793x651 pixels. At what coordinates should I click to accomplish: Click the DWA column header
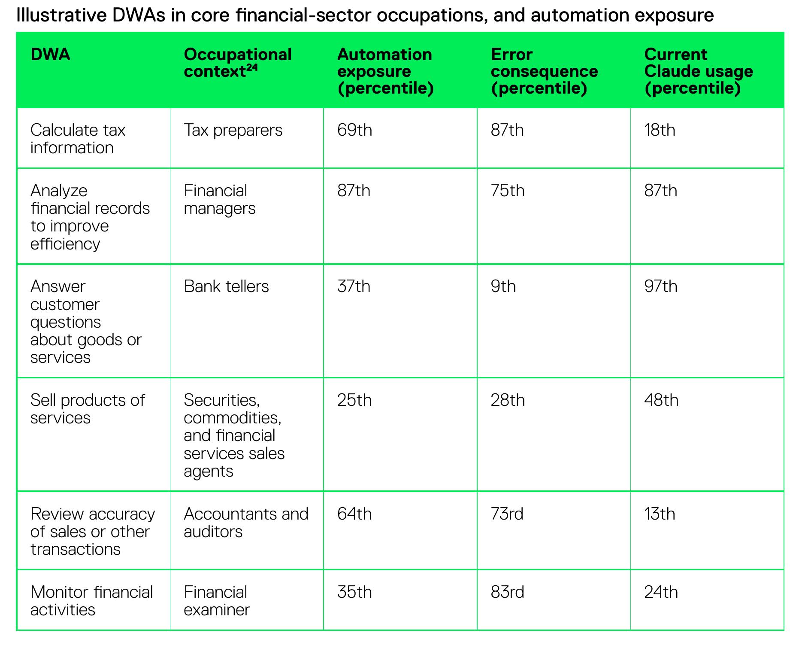[50, 55]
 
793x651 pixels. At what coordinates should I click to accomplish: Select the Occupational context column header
[238, 63]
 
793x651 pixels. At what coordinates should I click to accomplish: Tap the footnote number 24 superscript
[252, 68]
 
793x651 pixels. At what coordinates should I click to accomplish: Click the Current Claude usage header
[699, 71]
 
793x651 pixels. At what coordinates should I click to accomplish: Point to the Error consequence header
[544, 71]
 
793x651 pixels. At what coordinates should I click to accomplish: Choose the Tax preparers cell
[233, 130]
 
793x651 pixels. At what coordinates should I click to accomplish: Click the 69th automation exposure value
[354, 130]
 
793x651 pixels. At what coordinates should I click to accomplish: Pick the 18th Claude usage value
[660, 130]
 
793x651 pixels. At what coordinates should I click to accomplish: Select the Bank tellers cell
[226, 286]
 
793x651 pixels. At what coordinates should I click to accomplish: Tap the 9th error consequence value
[503, 286]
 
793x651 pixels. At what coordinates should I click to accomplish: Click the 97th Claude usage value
[661, 286]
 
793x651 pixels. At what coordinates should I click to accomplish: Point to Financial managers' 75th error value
[508, 191]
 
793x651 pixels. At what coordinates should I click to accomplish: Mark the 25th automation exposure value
[354, 400]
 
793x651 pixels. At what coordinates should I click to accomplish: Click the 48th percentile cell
[661, 400]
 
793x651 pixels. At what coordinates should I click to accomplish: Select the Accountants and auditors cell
[246, 523]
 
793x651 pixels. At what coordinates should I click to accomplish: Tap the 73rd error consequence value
[507, 514]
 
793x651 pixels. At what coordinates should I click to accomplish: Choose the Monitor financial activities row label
[91, 601]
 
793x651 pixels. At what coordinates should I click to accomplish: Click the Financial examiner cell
[217, 601]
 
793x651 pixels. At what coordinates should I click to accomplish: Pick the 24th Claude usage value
[661, 592]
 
